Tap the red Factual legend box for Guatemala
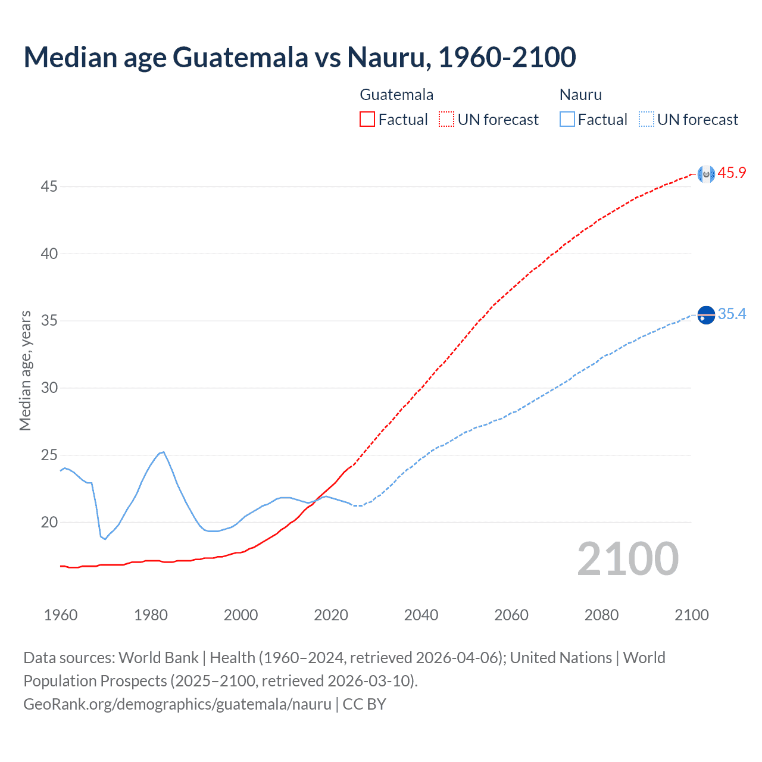pyautogui.click(x=367, y=120)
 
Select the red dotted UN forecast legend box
pyautogui.click(x=446, y=120)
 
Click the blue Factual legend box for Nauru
pyautogui.click(x=567, y=120)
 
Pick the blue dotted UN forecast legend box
pyautogui.click(x=646, y=120)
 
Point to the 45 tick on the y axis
pyautogui.click(x=49, y=187)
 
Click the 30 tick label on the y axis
pyautogui.click(x=49, y=388)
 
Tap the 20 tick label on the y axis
pyautogui.click(x=49, y=523)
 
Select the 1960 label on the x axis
pyautogui.click(x=61, y=615)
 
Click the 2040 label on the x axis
pyautogui.click(x=421, y=615)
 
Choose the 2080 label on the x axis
pyautogui.click(x=601, y=615)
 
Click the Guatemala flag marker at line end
pyautogui.click(x=706, y=174)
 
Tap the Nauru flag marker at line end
pyautogui.click(x=706, y=315)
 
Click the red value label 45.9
pyautogui.click(x=732, y=173)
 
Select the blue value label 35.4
pyautogui.click(x=732, y=314)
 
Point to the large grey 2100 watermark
pyautogui.click(x=627, y=559)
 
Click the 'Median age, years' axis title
pyautogui.click(x=25, y=370)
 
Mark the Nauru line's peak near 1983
pyautogui.click(x=164, y=452)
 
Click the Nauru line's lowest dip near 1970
pyautogui.click(x=105, y=539)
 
